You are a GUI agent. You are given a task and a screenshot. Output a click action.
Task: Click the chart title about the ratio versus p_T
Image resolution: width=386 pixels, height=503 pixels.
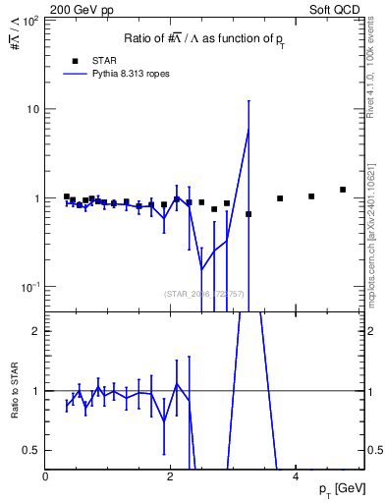pyautogui.click(x=204, y=38)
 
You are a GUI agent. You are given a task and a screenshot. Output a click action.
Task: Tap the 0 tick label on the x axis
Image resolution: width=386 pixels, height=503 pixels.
pyautogui.click(x=46, y=477)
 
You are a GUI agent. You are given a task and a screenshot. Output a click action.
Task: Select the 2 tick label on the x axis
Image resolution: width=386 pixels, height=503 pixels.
pyautogui.click(x=171, y=477)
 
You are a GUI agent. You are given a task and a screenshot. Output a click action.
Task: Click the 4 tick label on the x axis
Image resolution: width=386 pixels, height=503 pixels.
pyautogui.click(x=296, y=477)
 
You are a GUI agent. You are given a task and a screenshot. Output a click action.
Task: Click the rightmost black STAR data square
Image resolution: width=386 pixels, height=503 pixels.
pyautogui.click(x=343, y=190)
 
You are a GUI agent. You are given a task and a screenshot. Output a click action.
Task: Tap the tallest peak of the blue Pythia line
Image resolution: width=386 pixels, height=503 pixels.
pyautogui.click(x=248, y=129)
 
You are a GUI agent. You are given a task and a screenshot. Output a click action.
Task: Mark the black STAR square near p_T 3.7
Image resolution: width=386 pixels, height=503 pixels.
pyautogui.click(x=280, y=198)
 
